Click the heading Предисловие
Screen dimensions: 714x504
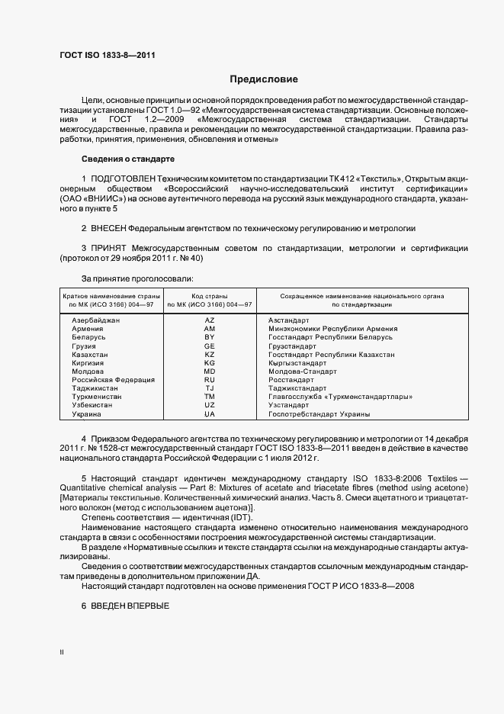pyautogui.click(x=264, y=79)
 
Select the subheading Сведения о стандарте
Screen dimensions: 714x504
pyautogui.click(x=128, y=159)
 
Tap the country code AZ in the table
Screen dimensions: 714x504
pyautogui.click(x=210, y=320)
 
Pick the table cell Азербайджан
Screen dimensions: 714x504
pyautogui.click(x=95, y=320)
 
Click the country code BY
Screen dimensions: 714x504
pyautogui.click(x=210, y=337)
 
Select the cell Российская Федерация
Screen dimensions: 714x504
pyautogui.click(x=113, y=379)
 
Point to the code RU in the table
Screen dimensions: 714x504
pyautogui.click(x=210, y=379)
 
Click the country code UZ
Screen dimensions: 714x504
pyautogui.click(x=210, y=405)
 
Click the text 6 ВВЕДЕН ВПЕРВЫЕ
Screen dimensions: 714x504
pyautogui.click(x=124, y=605)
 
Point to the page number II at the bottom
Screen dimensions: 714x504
pyautogui.click(x=62, y=652)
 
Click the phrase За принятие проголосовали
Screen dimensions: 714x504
pyautogui.click(x=132, y=278)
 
